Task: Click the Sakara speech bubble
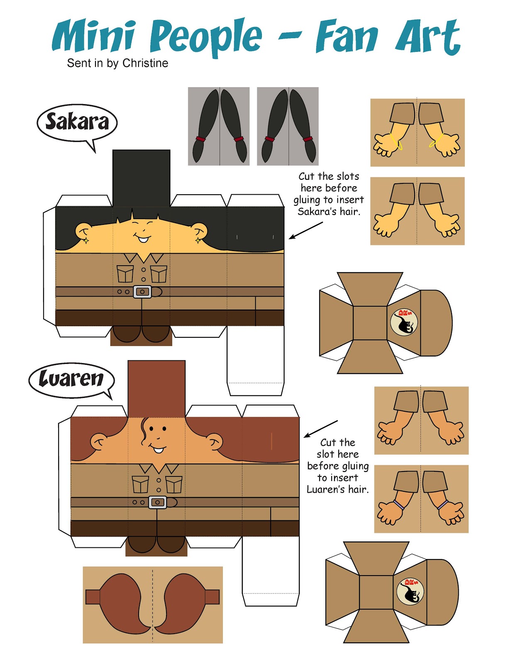point(77,123)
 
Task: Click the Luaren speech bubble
point(71,379)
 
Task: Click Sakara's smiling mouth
point(142,239)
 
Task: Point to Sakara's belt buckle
point(142,292)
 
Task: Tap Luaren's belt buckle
point(157,502)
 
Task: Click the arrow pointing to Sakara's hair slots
point(305,230)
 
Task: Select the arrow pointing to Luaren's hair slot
point(320,429)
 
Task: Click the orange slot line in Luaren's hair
point(271,441)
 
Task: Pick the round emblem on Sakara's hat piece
point(404,322)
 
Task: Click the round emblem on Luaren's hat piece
point(410,591)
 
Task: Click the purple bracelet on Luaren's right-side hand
point(443,505)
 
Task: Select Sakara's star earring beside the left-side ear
point(85,240)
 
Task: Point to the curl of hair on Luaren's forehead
point(145,432)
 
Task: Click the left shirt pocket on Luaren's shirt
point(140,484)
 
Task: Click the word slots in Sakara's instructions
point(348,176)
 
